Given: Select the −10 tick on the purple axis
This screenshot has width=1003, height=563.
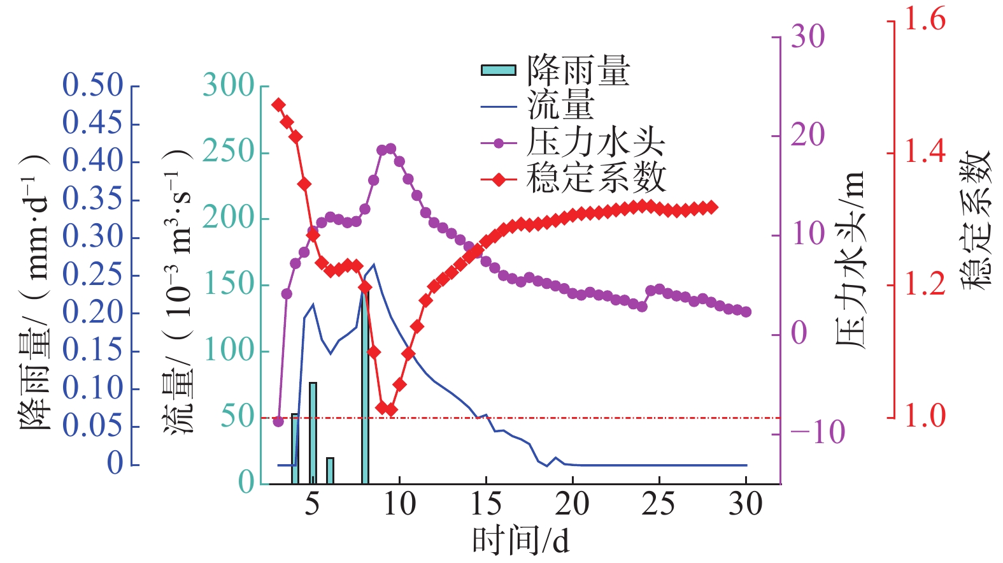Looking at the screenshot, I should click(x=817, y=433).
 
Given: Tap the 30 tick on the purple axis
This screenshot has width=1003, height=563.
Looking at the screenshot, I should click(x=807, y=37).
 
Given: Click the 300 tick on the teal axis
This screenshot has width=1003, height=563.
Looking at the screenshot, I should click(x=229, y=85).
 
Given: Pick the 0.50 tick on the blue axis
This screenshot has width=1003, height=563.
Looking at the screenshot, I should click(x=93, y=85).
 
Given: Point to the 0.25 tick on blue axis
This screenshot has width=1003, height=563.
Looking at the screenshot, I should click(x=93, y=275).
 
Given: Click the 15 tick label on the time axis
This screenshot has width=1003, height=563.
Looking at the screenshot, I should click(x=486, y=504).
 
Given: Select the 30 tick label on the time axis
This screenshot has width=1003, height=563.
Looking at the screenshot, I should click(x=746, y=504).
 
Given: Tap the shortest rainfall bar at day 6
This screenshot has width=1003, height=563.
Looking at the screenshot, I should click(x=330, y=471).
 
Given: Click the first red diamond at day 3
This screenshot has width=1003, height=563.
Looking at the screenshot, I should click(x=278, y=105).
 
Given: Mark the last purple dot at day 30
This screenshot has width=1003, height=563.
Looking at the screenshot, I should click(x=746, y=312).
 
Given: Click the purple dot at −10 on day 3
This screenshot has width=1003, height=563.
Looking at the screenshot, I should click(x=278, y=421).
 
